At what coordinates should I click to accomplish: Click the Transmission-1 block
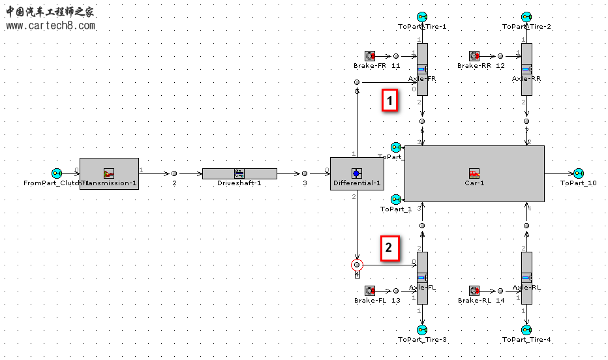click(x=109, y=173)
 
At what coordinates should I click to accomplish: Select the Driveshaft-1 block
click(x=239, y=173)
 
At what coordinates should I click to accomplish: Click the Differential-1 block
click(x=356, y=173)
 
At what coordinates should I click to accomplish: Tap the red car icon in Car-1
click(x=474, y=173)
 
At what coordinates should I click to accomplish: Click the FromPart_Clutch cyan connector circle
click(x=57, y=173)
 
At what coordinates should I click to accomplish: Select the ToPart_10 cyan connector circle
click(x=578, y=173)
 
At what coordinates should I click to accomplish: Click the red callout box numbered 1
click(x=390, y=101)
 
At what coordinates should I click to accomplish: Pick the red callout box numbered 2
click(x=389, y=248)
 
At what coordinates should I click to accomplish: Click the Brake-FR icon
click(x=369, y=57)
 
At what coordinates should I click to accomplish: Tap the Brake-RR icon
click(x=474, y=57)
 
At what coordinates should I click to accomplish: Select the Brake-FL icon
click(x=369, y=291)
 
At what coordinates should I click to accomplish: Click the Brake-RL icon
click(x=474, y=291)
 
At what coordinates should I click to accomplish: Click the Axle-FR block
click(x=422, y=69)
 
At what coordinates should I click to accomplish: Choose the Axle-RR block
click(x=526, y=69)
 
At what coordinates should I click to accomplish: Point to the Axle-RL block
click(x=526, y=278)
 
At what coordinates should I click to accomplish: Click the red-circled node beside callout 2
click(x=356, y=265)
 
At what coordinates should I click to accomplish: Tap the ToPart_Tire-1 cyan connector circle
click(x=422, y=16)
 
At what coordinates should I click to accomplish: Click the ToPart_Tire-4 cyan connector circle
click(x=526, y=330)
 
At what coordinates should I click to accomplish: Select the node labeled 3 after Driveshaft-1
click(x=305, y=173)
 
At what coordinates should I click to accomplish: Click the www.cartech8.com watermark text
click(x=51, y=26)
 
